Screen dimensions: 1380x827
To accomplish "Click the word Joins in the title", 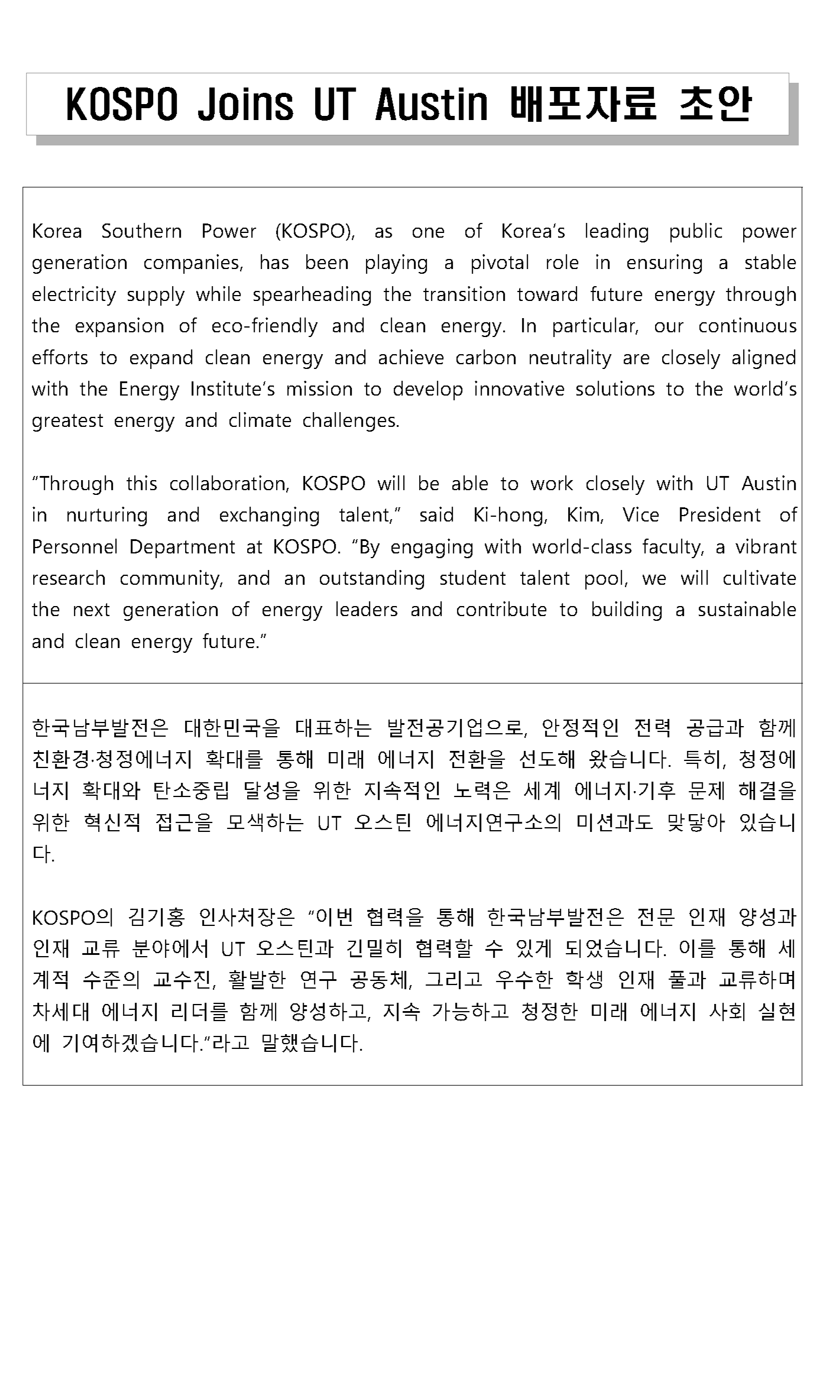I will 245,105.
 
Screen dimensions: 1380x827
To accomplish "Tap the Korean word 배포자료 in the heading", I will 582,105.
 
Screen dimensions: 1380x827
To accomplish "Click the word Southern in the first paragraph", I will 141,231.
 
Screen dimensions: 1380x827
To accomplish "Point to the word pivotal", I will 500,263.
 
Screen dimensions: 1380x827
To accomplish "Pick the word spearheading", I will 312,295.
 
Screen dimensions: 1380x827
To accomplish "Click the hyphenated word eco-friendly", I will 264,326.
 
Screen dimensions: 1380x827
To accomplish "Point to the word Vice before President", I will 640,516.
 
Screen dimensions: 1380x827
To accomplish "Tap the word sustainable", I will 747,610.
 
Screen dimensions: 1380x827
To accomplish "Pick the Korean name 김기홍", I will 156,917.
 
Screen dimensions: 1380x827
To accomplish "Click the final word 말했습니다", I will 311,1044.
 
